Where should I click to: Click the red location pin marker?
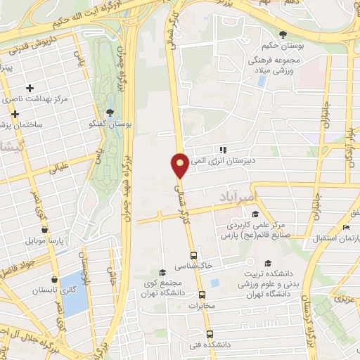(180, 165)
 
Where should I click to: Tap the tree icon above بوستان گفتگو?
(110, 112)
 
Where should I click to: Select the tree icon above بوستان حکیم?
(283, 34)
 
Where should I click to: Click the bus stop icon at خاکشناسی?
(193, 256)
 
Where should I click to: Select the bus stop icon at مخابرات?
(202, 295)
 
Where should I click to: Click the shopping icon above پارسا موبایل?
(44, 229)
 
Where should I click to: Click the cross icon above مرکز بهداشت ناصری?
(30, 88)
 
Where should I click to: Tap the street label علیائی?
(58, 167)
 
